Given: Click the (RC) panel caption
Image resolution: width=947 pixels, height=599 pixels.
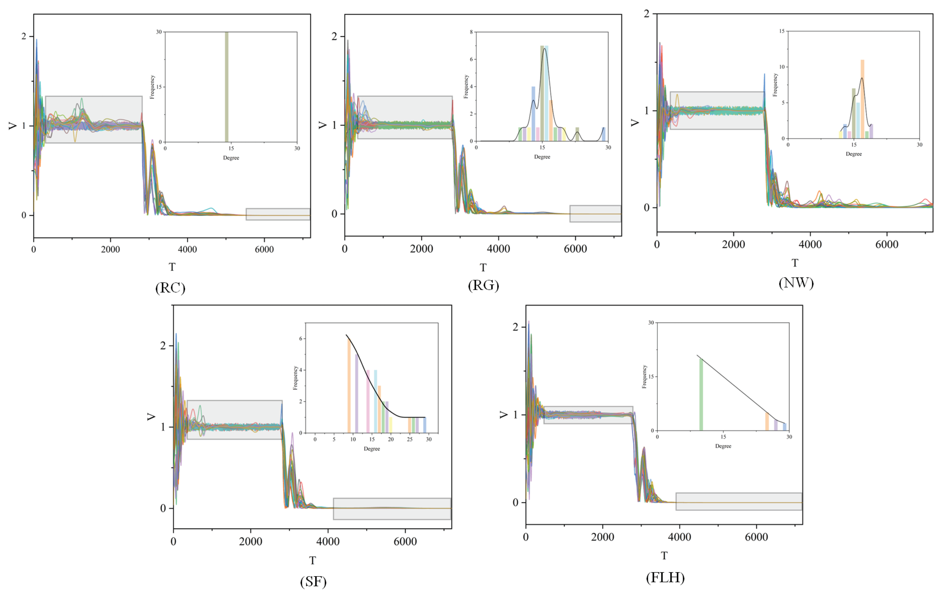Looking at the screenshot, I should pyautogui.click(x=170, y=288).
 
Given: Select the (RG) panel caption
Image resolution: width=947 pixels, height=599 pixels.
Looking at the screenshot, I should pyautogui.click(x=483, y=285).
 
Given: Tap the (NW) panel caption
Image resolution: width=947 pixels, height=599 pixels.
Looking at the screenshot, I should pyautogui.click(x=796, y=283).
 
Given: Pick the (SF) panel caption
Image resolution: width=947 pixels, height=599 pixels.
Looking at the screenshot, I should pyautogui.click(x=313, y=581).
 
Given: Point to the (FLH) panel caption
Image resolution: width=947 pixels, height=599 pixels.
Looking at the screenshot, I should pyautogui.click(x=665, y=577).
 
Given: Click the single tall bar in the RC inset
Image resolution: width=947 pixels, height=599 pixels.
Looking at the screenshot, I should pyautogui.click(x=227, y=86).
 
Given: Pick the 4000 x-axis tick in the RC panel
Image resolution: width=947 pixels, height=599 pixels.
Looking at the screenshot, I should pyautogui.click(x=187, y=249).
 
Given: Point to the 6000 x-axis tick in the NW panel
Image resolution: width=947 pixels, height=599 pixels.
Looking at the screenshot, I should pyautogui.click(x=887, y=245).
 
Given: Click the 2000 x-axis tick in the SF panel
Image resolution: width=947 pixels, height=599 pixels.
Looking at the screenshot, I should pyautogui.click(x=250, y=542).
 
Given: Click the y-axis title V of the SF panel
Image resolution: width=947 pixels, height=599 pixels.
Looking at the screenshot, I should pyautogui.click(x=151, y=417).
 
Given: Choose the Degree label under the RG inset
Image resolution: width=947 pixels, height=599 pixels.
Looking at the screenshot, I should pyautogui.click(x=542, y=157).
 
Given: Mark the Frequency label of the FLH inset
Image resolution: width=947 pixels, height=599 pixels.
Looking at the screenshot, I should pyautogui.click(x=644, y=377).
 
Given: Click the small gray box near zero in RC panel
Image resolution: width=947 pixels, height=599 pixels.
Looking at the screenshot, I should pyautogui.click(x=278, y=214).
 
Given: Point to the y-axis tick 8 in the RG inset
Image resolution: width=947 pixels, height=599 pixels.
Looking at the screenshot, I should pyautogui.click(x=471, y=32).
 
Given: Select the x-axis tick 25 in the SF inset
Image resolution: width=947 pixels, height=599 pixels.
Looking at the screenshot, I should pyautogui.click(x=409, y=439).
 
